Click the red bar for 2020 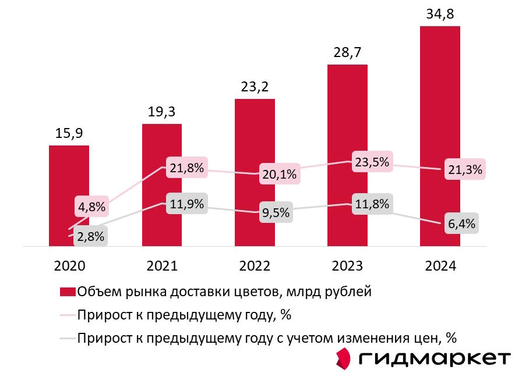pos(69,175)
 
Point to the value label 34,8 pos(440,14)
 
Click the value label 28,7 pos(347,52)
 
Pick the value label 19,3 pos(162,112)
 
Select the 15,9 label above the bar pos(69,133)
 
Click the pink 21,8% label pos(187,168)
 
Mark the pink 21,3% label pos(465,170)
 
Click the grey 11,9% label pos(187,204)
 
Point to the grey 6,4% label pos(462,223)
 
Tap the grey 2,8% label pos(90,236)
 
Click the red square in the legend pos(68,292)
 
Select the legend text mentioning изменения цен pos(267,338)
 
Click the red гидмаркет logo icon pos(344,357)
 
